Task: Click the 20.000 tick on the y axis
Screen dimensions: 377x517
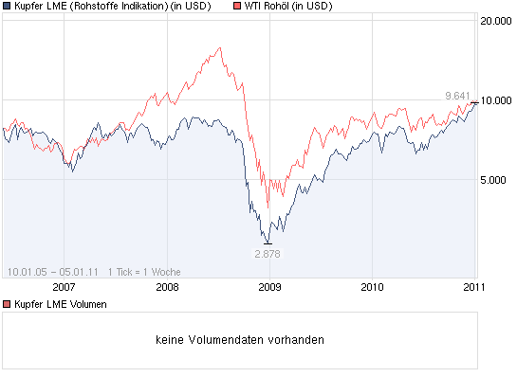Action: tap(496, 21)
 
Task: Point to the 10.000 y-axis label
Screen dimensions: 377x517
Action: tap(496, 100)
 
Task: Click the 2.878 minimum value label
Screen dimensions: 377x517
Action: tap(268, 254)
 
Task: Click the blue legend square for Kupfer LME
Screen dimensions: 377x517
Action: tap(7, 6)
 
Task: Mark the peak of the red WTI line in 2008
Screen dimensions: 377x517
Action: tap(220, 47)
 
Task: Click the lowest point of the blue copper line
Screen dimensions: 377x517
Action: tap(268, 242)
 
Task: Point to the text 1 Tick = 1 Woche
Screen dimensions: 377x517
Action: tap(144, 271)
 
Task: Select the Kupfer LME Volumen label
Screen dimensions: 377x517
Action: tap(60, 304)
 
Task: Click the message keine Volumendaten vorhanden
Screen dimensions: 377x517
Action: tap(239, 338)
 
